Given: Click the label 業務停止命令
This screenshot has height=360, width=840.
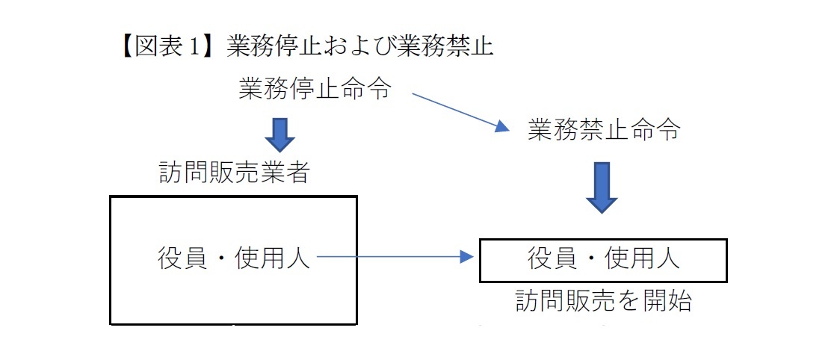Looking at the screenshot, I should [315, 89].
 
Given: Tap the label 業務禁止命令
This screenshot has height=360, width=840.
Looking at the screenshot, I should [603, 130].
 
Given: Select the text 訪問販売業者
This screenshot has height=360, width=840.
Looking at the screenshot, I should [233, 173].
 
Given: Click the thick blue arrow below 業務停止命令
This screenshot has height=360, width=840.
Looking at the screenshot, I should [279, 134].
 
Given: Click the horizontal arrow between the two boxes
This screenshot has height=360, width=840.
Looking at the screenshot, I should [396, 258].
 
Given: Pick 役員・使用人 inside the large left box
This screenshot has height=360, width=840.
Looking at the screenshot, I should [233, 258].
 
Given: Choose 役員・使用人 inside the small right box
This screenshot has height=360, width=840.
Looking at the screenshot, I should [603, 258].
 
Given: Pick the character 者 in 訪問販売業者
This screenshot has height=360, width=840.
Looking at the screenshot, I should [297, 173].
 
